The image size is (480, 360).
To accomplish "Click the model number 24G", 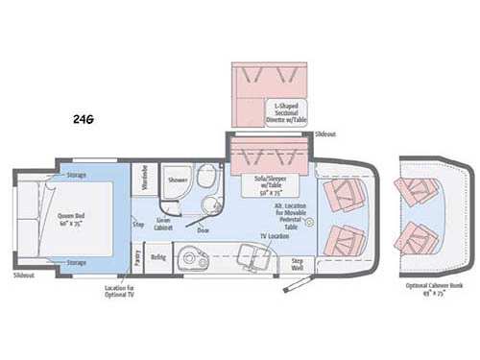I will coord(83,119).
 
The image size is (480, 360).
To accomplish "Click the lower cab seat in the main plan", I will coord(342,237).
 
